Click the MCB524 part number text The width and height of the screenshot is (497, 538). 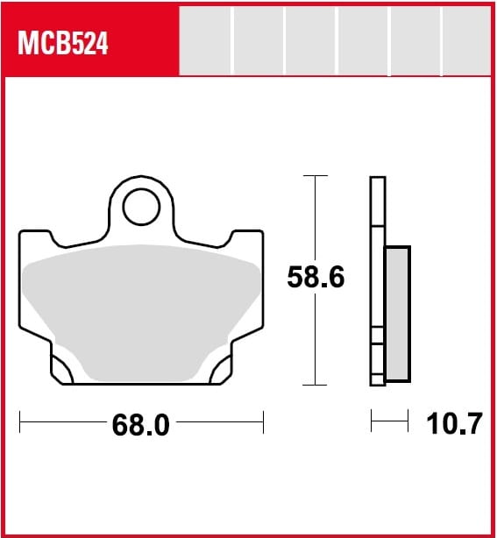63,43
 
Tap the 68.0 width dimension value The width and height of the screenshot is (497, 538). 141,425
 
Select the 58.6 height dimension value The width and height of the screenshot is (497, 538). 316,277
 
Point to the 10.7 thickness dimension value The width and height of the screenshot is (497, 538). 454,424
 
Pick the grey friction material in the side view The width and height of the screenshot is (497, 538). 398,314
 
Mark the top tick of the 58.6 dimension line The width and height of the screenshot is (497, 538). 316,175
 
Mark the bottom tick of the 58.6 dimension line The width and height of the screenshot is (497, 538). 315,385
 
